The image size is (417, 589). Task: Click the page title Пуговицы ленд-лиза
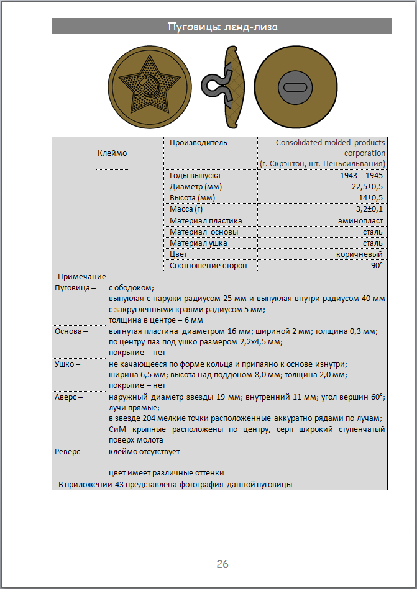pos(222,27)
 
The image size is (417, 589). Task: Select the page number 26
pos(222,564)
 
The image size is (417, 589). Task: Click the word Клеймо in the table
pos(112,153)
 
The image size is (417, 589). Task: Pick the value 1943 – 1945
pos(362,176)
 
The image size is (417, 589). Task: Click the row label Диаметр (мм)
pos(195,187)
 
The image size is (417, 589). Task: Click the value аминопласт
pos(360,220)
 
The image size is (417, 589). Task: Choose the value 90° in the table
pos(377,265)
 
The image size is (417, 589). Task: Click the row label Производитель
pos(198,143)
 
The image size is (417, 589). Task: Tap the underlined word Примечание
pos(82,277)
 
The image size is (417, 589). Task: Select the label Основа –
pos(71,331)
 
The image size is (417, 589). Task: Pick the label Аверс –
pos(69,397)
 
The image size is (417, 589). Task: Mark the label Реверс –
pos(71,451)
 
